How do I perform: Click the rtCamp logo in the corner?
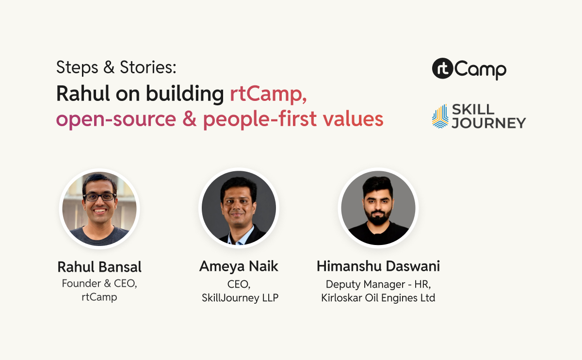[469, 69]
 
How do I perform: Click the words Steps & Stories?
[116, 67]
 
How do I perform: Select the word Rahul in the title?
[82, 94]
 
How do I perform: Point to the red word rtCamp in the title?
[268, 94]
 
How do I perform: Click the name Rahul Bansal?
[99, 267]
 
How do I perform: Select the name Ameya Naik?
[239, 266]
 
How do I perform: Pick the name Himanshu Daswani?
[378, 266]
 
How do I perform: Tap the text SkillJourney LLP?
[240, 298]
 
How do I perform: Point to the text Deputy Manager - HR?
[378, 284]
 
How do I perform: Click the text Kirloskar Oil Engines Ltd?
[378, 298]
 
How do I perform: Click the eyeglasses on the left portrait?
[99, 197]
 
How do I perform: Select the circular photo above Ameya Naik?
[239, 208]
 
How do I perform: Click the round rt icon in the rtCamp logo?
[442, 69]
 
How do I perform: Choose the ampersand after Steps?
[108, 67]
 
